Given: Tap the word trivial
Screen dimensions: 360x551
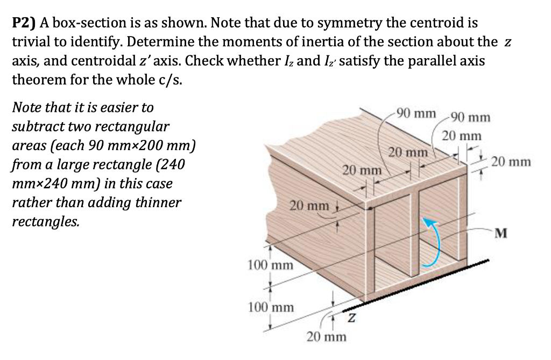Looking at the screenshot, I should coord(31,42).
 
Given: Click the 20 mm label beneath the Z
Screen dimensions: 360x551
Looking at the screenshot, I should coord(326,337).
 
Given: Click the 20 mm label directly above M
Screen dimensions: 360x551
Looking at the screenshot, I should coord(512,161).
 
